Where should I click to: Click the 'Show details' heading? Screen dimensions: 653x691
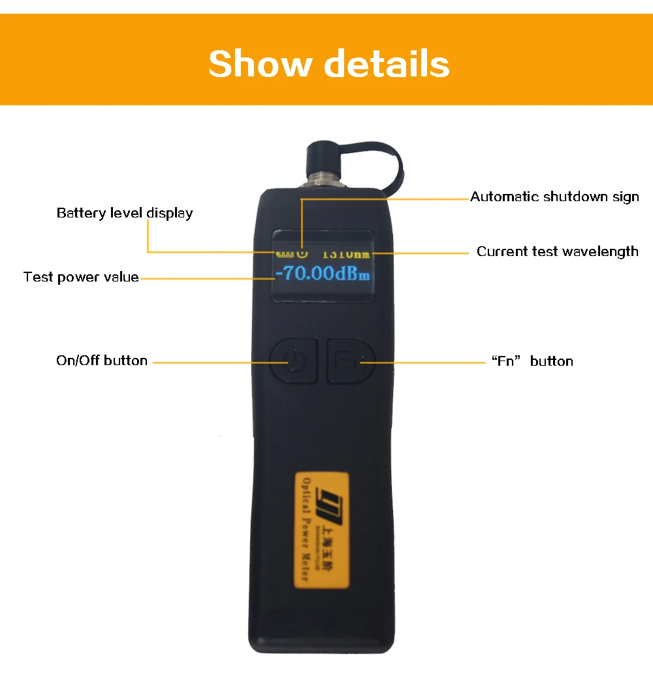(x=329, y=64)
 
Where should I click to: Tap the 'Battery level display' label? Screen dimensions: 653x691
(x=125, y=213)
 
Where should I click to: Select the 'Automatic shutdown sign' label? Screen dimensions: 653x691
(x=554, y=197)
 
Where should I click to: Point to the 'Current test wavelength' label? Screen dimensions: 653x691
(x=557, y=251)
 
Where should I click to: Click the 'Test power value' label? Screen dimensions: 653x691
(x=81, y=277)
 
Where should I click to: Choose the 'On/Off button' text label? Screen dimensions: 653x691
(x=102, y=361)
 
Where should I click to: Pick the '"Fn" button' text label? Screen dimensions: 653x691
(x=532, y=361)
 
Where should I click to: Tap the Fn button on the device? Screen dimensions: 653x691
(x=350, y=361)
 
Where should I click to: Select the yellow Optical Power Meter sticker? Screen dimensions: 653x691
(x=322, y=530)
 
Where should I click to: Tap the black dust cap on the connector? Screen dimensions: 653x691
(x=321, y=159)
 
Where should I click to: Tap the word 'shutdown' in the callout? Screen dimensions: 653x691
(x=577, y=197)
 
